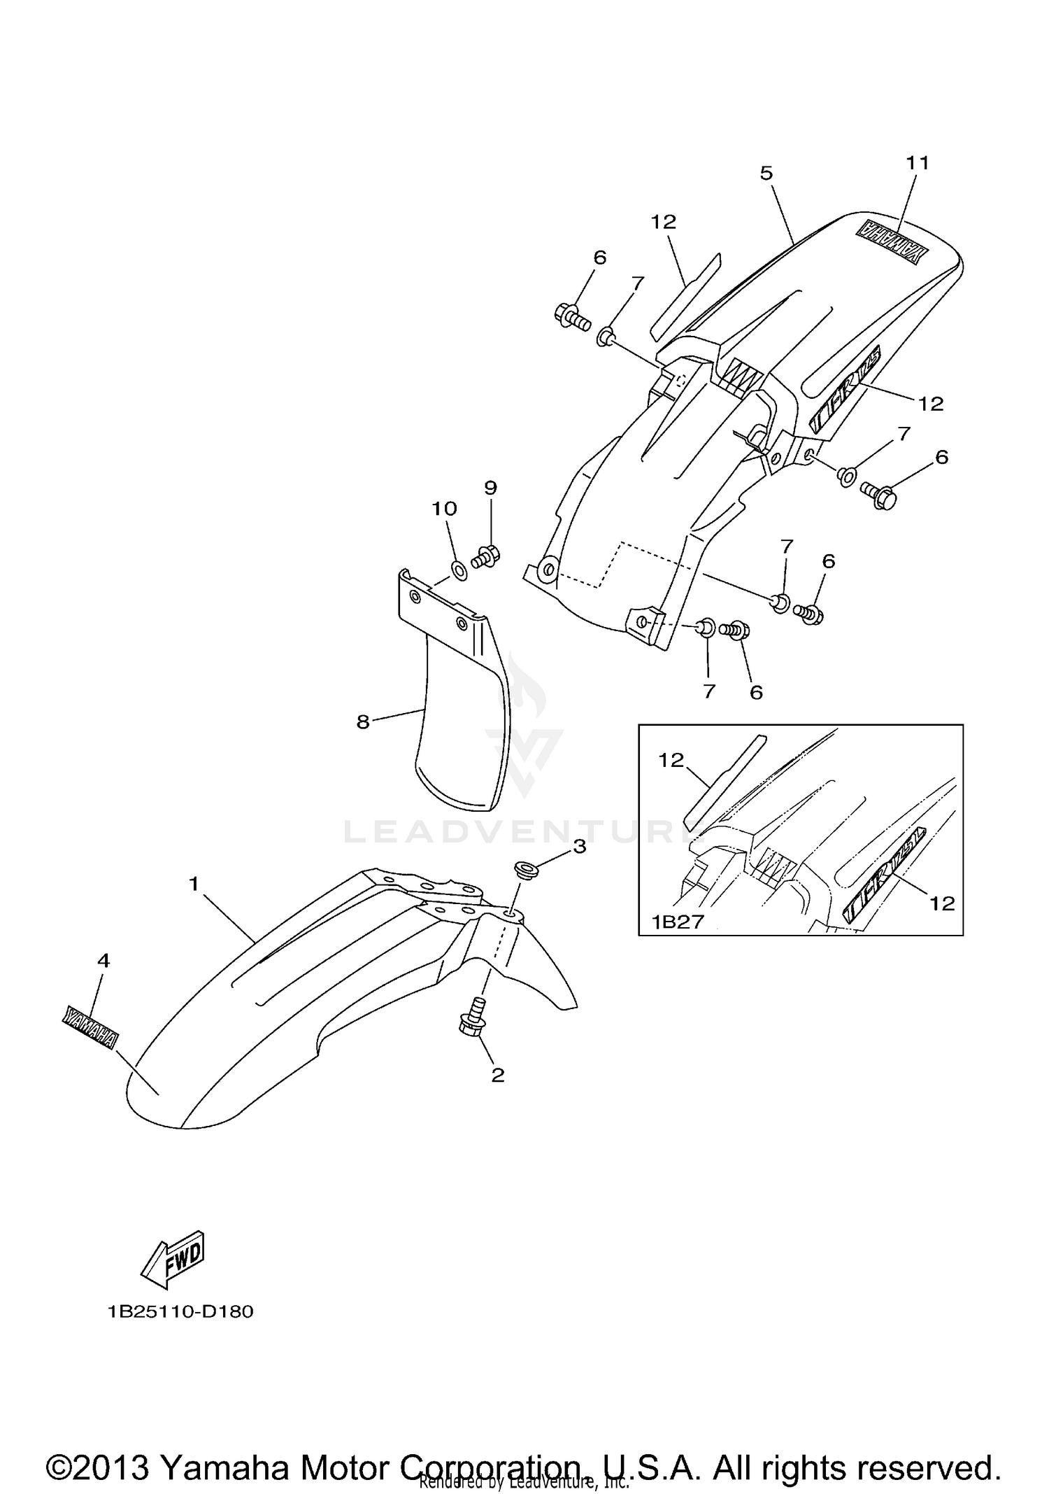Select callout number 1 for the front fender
[194, 885]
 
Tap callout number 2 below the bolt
[497, 1075]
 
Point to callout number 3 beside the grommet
[579, 847]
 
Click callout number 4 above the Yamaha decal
[104, 961]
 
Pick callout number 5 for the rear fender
[766, 174]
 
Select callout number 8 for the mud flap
[362, 721]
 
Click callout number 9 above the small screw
[490, 487]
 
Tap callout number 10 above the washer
[444, 509]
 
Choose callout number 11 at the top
[918, 163]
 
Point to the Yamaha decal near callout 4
[89, 1028]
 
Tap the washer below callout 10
[460, 571]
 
